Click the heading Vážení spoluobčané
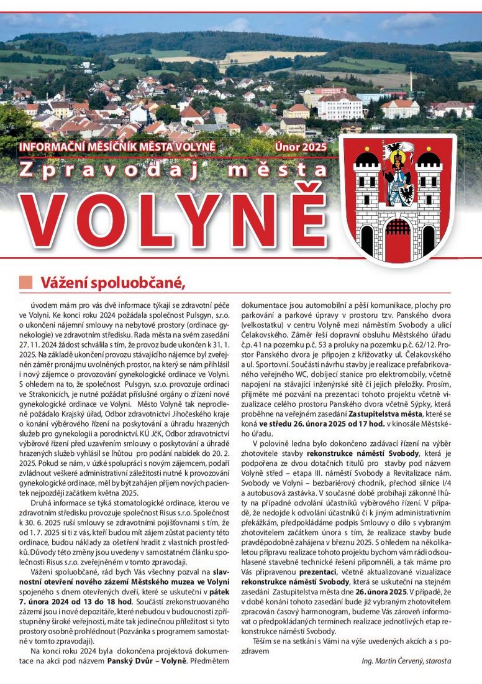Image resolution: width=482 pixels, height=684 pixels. [x=113, y=282]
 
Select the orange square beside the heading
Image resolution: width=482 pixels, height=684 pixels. [x=25, y=282]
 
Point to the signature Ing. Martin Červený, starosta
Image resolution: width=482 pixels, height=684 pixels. [x=406, y=661]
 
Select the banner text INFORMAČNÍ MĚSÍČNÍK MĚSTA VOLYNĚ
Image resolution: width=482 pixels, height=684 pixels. [x=117, y=147]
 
